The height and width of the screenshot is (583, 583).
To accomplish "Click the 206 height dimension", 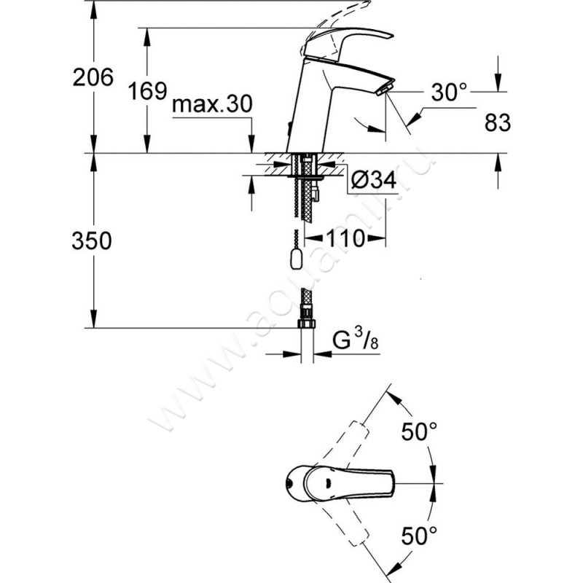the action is [93, 77].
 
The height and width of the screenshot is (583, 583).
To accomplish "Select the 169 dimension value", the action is [148, 91].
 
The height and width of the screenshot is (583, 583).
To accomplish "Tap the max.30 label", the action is [212, 103].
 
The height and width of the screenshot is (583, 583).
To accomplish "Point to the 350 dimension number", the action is [92, 240].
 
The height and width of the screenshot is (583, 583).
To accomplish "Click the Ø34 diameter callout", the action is [374, 181].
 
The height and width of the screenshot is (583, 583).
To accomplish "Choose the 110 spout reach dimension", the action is [345, 238].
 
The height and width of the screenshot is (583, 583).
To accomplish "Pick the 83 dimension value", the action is [498, 122].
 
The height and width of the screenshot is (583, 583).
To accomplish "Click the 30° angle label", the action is [449, 92].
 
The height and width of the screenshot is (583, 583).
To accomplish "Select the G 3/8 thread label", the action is [356, 340].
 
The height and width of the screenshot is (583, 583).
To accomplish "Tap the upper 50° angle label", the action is [419, 431].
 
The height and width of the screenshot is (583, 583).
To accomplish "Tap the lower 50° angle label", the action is [419, 536].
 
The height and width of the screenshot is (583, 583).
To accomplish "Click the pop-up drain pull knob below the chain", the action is [297, 259].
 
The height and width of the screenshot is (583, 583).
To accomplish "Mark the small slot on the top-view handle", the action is [328, 483].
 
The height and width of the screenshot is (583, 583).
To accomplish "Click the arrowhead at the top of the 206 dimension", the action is [94, 9].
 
